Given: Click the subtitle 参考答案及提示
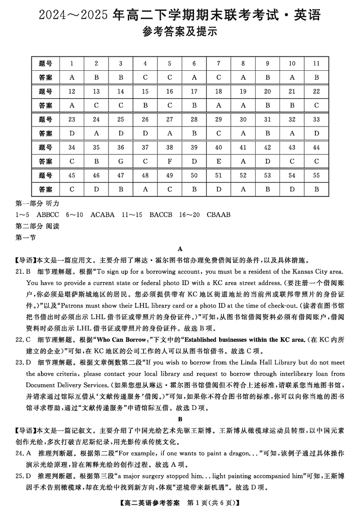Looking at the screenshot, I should point(180,32).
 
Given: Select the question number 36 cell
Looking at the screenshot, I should point(121,147).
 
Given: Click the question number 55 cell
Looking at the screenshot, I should point(316,175).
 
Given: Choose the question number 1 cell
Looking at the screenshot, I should point(72,63).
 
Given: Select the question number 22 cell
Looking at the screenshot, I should point(316,91).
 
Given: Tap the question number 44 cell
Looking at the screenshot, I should point(316,147).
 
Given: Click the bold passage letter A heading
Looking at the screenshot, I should point(180,249).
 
